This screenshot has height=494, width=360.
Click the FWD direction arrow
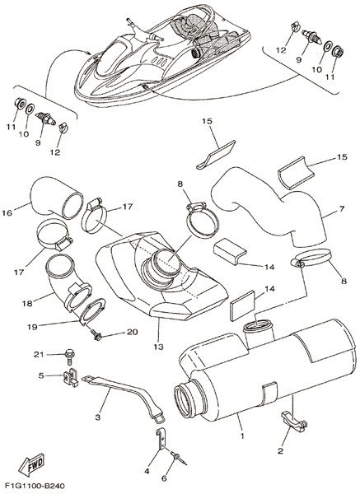pyautogui.click(x=31, y=464)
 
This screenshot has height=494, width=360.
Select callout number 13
pyautogui.click(x=159, y=347)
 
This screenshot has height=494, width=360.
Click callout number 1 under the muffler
pyautogui.click(x=242, y=436)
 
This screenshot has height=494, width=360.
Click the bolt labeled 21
pyautogui.click(x=70, y=355)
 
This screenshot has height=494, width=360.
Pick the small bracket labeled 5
pyautogui.click(x=70, y=376)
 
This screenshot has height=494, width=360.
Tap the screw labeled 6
pyautogui.click(x=179, y=458)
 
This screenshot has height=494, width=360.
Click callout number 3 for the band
pyautogui.click(x=98, y=417)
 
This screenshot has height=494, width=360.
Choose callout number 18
pyautogui.click(x=27, y=303)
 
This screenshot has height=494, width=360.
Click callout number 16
pyautogui.click(x=7, y=212)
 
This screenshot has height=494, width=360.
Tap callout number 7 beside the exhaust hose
pyautogui.click(x=342, y=208)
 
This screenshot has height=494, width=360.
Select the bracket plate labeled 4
pyautogui.click(x=161, y=439)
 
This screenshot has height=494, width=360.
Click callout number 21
pyautogui.click(x=39, y=354)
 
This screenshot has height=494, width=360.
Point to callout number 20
pyautogui.click(x=133, y=332)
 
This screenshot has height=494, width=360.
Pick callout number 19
pyautogui.click(x=32, y=326)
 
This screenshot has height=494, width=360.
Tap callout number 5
pyautogui.click(x=41, y=375)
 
